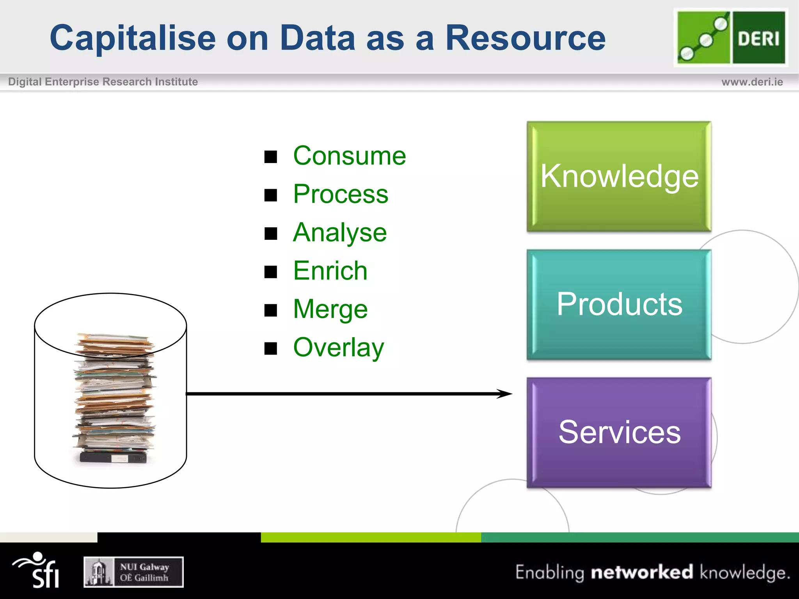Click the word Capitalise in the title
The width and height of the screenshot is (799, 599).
point(133,38)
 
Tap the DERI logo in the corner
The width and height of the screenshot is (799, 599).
point(731,38)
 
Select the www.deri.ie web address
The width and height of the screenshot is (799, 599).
point(752,82)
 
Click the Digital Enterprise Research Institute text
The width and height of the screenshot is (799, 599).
point(103,82)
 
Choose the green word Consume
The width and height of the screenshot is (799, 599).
point(349,156)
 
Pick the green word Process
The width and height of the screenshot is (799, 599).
point(341,194)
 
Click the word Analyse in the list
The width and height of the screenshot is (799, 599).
point(339,233)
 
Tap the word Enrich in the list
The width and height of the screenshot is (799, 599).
point(330,270)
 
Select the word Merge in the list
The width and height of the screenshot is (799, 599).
point(330,309)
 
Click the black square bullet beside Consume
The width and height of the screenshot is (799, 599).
point(270,157)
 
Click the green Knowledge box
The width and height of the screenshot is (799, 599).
point(619,177)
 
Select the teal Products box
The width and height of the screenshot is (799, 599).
point(619,304)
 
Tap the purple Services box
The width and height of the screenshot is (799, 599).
point(619,432)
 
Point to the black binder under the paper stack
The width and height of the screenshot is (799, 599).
point(113,457)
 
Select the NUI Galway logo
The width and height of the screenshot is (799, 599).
point(133,572)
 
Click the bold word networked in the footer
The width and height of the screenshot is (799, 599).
point(642,572)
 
